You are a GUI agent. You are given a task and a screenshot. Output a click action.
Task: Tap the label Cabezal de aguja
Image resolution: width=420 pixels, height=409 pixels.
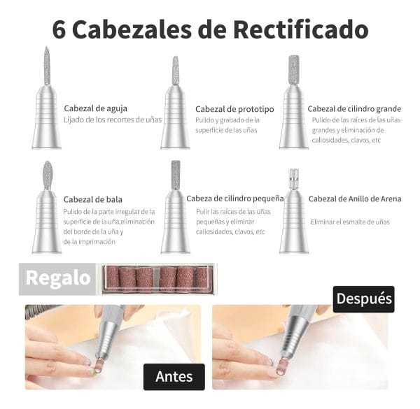tap(95, 108)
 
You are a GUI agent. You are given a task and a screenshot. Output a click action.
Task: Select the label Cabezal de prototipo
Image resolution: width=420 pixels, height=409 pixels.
tap(234, 109)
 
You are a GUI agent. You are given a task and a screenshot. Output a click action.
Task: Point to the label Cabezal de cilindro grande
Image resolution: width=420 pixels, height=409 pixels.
tap(354, 108)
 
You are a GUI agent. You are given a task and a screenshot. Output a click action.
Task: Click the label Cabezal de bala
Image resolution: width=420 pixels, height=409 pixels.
tap(94, 199)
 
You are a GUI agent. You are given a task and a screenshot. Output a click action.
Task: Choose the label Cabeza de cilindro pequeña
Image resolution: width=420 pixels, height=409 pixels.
tap(234, 199)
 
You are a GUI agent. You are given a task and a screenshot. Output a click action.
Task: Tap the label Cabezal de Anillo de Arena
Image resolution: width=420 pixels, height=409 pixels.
tap(355, 199)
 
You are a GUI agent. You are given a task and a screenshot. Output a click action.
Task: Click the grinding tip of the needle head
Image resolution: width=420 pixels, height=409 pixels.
tap(47, 65)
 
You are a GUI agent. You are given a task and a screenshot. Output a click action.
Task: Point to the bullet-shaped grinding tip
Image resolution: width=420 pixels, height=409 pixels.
tap(47, 175)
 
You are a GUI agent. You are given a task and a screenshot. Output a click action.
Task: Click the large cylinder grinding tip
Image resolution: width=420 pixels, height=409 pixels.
tap(294, 69)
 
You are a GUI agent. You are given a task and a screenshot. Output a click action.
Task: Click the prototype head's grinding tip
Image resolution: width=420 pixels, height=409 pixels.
tap(176, 70)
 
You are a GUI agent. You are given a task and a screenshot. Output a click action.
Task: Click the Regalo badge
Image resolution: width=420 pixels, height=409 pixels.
tap(58, 278)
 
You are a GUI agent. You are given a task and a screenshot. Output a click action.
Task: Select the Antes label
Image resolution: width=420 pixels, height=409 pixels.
tap(174, 376)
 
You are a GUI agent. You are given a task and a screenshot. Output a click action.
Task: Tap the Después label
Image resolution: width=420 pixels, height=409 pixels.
tap(363, 299)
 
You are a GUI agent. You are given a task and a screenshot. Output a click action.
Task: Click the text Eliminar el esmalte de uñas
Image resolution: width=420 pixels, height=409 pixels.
tap(350, 222)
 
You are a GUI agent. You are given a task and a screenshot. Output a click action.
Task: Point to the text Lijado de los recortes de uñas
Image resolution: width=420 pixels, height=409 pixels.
tap(113, 120)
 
